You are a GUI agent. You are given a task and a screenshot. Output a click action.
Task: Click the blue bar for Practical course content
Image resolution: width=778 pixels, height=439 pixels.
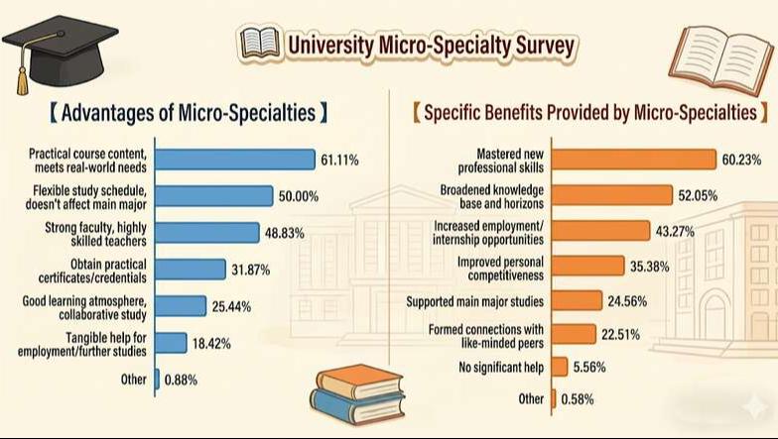tap(236, 159)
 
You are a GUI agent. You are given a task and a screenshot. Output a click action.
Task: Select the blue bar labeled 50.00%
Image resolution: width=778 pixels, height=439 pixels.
tap(214, 195)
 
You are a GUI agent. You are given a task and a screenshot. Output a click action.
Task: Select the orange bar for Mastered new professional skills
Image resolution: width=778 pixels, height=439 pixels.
tap(633, 159)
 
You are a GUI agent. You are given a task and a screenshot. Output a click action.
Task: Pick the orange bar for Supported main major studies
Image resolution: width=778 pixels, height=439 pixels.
tap(577, 300)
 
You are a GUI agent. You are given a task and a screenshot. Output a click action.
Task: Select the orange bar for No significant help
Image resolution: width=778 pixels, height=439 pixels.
tap(559, 367)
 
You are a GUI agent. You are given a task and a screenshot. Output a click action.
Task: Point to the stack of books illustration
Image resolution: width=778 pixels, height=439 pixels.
tap(357, 394)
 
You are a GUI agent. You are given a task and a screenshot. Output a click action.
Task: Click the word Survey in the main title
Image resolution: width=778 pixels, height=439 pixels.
tap(540, 45)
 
